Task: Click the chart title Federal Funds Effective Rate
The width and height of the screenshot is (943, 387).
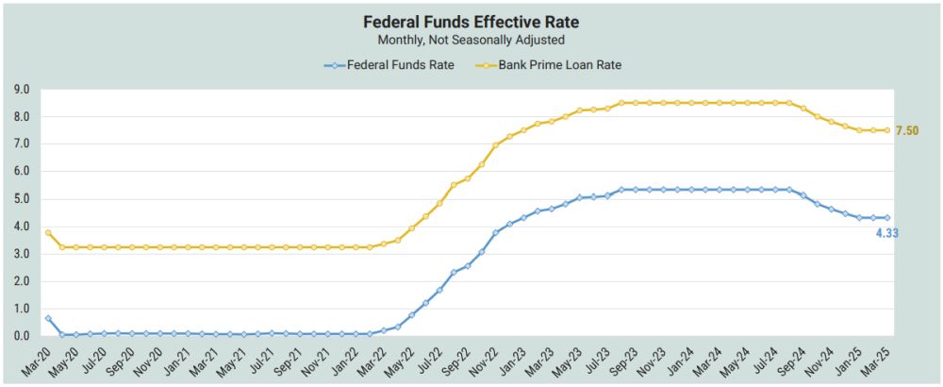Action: [471, 21]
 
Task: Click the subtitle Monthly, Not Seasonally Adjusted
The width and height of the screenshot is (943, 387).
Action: [471, 40]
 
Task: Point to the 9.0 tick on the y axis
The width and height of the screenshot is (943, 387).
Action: [23, 90]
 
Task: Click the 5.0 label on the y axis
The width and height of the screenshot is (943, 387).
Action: [23, 199]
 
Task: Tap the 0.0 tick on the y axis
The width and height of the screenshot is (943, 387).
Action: [23, 336]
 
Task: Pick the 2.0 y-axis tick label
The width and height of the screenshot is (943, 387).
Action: [23, 281]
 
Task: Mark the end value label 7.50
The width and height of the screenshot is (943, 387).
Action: [906, 130]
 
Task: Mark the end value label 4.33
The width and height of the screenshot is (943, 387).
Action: [885, 233]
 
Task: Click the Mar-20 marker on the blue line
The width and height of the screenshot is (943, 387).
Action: [48, 318]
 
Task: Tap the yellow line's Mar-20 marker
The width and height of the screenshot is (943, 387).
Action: [48, 232]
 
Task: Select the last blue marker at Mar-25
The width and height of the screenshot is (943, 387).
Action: [886, 217]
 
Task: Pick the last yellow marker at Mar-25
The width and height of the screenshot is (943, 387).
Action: [886, 130]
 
